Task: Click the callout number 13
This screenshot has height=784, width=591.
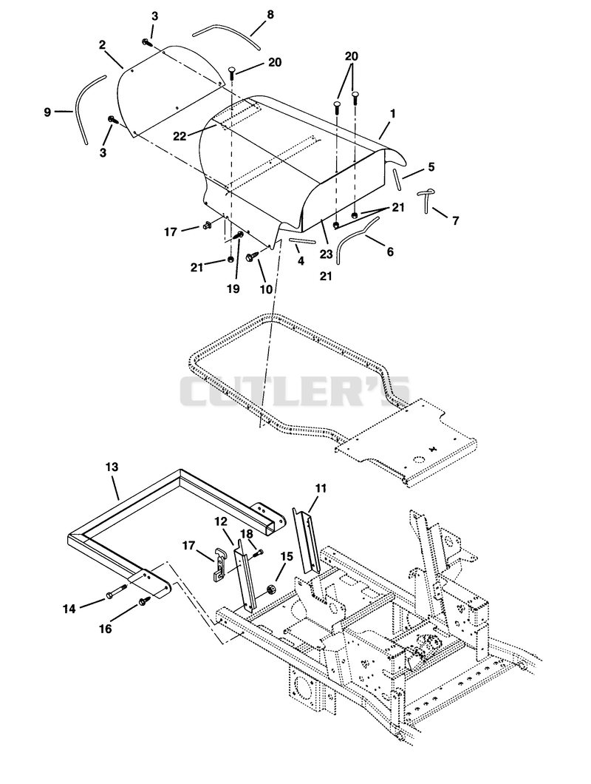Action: (x=112, y=467)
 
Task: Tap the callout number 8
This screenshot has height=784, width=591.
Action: (x=270, y=15)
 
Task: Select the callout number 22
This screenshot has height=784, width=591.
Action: (x=180, y=135)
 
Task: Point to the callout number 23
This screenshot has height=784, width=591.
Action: (x=326, y=254)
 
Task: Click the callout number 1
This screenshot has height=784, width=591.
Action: (x=393, y=114)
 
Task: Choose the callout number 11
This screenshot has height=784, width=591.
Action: (x=321, y=488)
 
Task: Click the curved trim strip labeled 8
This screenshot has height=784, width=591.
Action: (x=228, y=31)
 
